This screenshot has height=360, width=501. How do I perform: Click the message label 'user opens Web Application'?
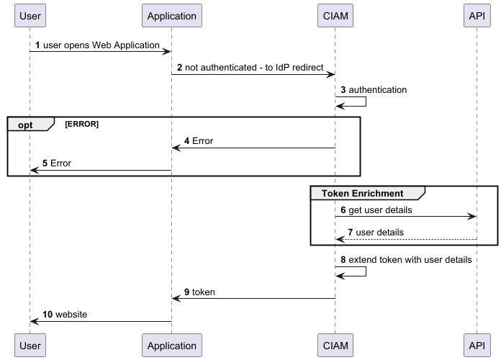[101, 45]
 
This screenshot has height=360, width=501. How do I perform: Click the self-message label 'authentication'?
[378, 90]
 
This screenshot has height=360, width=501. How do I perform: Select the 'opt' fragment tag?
[26, 125]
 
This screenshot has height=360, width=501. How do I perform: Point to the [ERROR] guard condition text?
[81, 125]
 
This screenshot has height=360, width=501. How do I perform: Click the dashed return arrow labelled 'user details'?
[405, 239]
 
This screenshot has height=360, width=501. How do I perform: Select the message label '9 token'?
[199, 292]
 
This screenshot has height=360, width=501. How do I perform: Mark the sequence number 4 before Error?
[187, 141]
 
